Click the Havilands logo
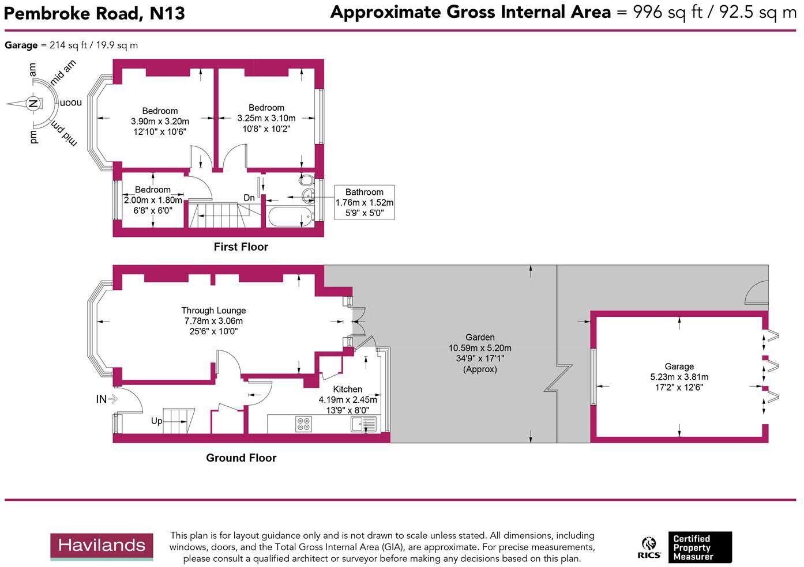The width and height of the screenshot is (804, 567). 102,547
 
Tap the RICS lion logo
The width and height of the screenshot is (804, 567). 649,547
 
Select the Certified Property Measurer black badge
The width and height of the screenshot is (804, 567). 700,547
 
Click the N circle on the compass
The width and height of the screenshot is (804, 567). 33,104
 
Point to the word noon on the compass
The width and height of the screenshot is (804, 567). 71,103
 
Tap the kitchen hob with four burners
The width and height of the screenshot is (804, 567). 303,424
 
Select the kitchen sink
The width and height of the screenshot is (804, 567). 363,424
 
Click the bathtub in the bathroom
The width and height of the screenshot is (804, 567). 290,216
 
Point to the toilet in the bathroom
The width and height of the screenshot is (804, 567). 306,179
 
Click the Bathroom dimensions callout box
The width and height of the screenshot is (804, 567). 365,202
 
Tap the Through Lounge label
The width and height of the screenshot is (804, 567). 213,310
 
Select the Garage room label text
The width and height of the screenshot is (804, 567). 679,366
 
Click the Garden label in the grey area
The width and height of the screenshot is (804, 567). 480,337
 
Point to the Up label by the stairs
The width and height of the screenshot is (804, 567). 156,421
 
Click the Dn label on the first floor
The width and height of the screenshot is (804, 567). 249,198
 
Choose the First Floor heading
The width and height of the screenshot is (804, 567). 241,247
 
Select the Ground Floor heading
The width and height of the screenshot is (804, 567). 241,458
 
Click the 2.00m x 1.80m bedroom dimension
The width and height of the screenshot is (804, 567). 153,200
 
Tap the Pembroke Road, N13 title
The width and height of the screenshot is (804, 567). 95,14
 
